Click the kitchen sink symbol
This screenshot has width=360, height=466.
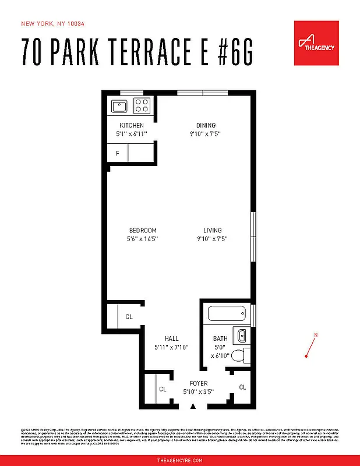click(119, 106)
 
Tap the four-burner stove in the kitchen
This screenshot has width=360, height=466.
click(142, 105)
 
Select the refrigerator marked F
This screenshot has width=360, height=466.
click(117, 154)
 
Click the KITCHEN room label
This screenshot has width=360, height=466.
click(131, 125)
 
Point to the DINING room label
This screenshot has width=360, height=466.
click(206, 125)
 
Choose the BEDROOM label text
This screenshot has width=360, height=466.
click(142, 230)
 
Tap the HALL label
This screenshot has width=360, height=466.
click(171, 338)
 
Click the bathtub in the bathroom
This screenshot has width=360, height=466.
click(228, 315)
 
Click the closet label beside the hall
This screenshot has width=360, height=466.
click(129, 317)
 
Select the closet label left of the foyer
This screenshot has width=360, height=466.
click(163, 389)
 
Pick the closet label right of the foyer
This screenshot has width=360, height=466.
click(242, 387)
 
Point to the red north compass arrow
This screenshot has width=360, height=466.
click(310, 348)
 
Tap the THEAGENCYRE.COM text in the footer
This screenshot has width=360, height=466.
click(180, 460)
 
